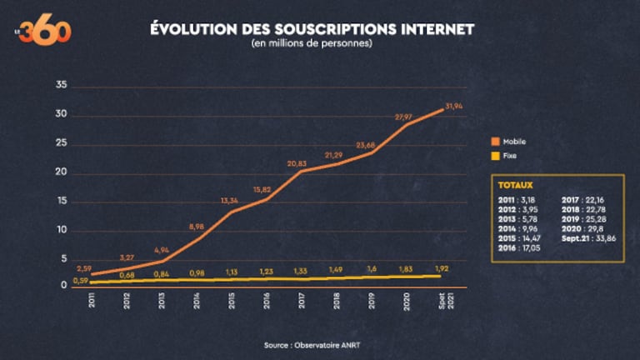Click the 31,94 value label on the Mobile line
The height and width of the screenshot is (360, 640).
pyautogui.click(x=454, y=107)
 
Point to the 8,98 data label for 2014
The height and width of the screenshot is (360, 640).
pyautogui.click(x=197, y=227)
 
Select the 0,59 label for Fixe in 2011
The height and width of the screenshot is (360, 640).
pyautogui.click(x=81, y=281)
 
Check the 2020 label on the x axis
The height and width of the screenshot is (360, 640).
pyautogui.click(x=407, y=300)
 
